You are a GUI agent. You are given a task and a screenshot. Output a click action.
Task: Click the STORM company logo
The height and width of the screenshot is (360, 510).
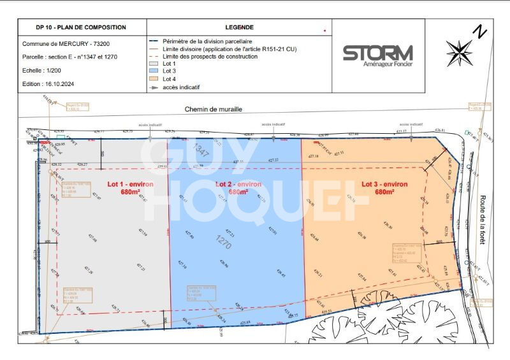tap(378, 54)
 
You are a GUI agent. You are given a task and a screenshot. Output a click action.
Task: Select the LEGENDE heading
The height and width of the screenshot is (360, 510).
tap(239, 27)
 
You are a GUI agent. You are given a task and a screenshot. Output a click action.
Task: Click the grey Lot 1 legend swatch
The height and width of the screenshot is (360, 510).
tap(153, 64)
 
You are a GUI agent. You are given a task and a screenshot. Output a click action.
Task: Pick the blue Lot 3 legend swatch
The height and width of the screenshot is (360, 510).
tap(153, 71)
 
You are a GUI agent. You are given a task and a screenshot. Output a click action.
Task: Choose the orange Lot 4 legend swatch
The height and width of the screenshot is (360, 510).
tap(153, 79)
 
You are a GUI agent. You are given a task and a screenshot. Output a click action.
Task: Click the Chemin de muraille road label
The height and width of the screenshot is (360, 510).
tap(214, 110)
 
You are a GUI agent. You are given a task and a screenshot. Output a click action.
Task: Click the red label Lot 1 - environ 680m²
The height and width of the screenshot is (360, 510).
tap(130, 187)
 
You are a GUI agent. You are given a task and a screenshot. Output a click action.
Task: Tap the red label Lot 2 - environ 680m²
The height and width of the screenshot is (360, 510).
tap(238, 187)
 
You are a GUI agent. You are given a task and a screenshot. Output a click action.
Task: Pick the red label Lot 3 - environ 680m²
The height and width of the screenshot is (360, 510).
tap(384, 187)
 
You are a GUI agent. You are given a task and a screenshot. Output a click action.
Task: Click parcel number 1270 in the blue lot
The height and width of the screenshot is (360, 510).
tap(223, 241)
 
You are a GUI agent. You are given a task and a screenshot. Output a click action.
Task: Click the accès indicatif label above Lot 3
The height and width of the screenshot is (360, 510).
tap(411, 124)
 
